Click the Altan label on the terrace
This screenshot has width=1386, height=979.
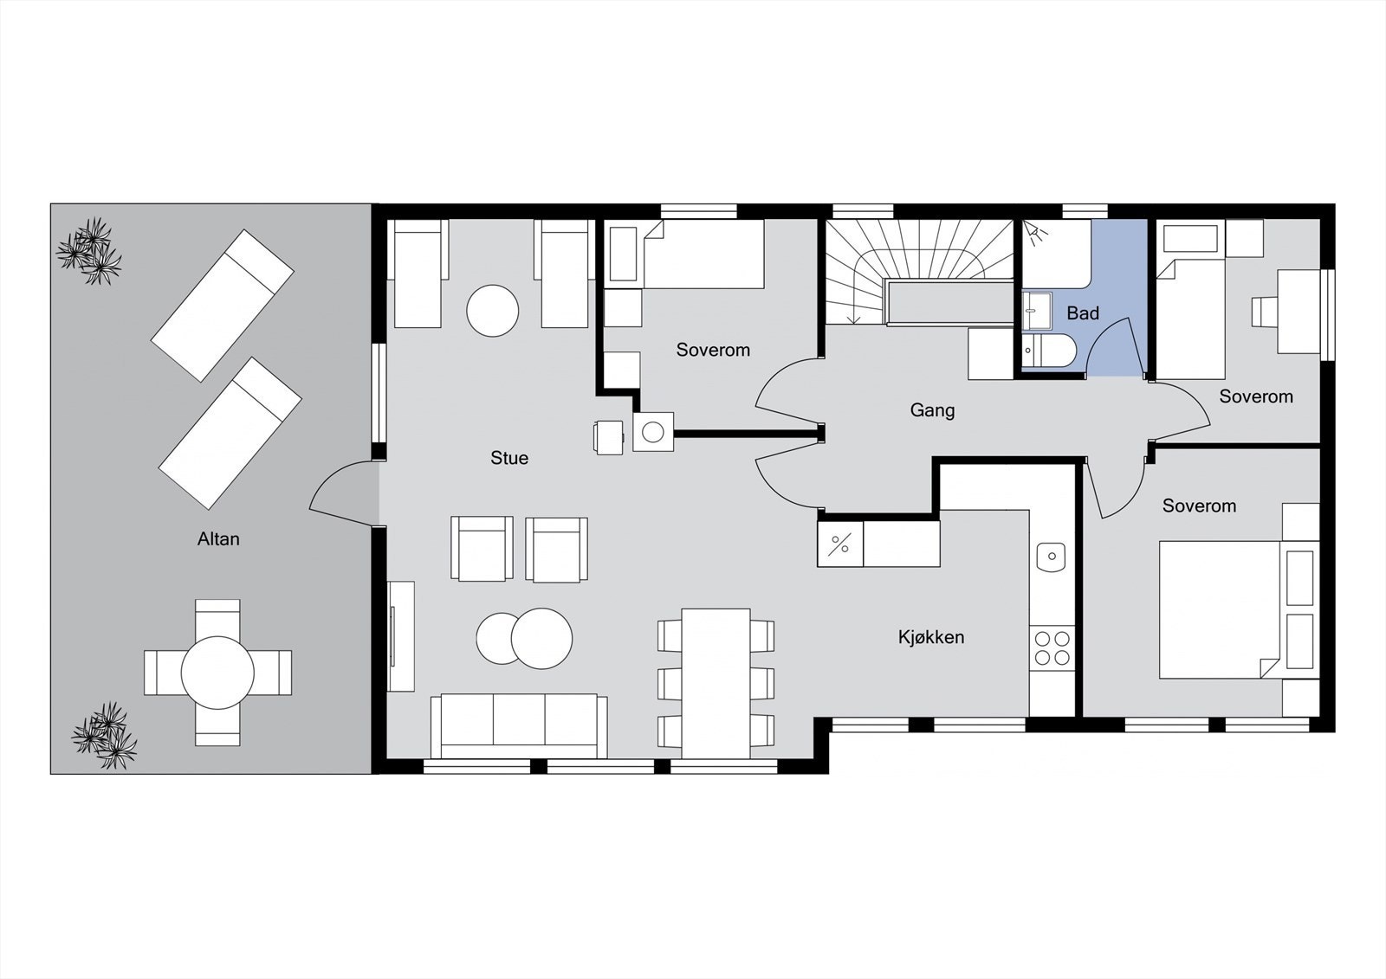[x=218, y=538]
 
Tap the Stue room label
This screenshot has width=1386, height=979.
[x=508, y=458]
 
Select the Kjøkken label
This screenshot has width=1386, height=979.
[x=931, y=637]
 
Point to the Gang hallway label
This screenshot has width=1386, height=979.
[x=932, y=409]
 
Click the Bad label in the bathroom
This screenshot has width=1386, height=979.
[x=1082, y=313]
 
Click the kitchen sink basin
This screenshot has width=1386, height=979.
[x=1051, y=556]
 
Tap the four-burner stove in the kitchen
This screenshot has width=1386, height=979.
[x=1052, y=648]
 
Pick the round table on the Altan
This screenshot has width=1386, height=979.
[x=217, y=673]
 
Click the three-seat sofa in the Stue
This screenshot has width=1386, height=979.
[x=519, y=724]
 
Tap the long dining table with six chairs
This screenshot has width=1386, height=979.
[x=716, y=679]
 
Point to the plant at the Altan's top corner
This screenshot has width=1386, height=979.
[x=89, y=251]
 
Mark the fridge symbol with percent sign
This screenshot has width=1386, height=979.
[x=840, y=544]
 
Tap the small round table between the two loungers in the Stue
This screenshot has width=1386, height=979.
[x=493, y=311]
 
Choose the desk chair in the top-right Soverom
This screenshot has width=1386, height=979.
[x=1264, y=312]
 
